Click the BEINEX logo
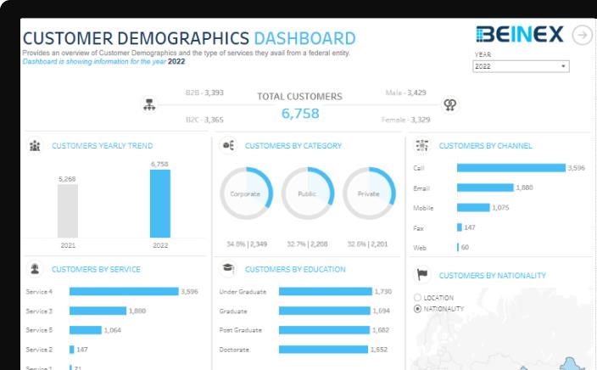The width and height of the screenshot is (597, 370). [x=520, y=34]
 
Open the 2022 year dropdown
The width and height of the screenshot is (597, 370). [x=521, y=66]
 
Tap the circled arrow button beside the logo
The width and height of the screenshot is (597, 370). [x=582, y=35]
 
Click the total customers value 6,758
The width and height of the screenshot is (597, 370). [x=300, y=114]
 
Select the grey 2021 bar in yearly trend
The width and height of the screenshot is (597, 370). [x=68, y=210]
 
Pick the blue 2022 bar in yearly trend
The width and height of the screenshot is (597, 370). [x=160, y=204]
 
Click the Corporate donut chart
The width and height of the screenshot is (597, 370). [x=246, y=193]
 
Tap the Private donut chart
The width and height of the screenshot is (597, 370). [x=369, y=193]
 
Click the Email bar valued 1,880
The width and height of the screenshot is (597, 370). [x=485, y=188]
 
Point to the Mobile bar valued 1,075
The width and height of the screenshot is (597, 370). [x=473, y=207]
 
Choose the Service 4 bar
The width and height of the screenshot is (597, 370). [x=124, y=291]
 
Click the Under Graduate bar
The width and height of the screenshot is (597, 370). [x=325, y=291]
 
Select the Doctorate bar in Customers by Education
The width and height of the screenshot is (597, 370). [x=323, y=349]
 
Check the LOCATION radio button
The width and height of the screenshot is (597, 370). [x=417, y=298]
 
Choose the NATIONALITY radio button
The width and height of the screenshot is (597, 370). [x=417, y=309]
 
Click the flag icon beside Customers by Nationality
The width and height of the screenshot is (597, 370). [x=422, y=275]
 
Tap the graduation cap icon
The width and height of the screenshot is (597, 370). [x=228, y=269]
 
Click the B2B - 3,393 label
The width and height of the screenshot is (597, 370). [x=204, y=92]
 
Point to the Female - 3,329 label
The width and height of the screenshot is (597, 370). [x=405, y=120]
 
